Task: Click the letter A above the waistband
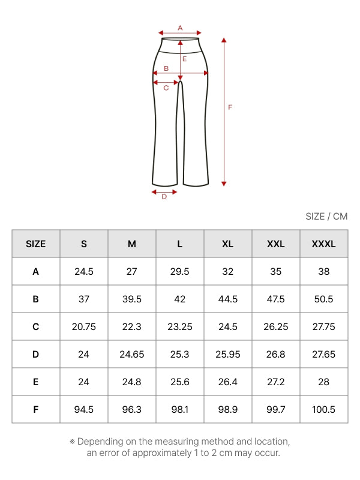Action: (180, 28)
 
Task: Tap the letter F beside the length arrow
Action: (230, 107)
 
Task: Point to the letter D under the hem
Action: (164, 197)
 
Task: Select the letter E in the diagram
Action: (185, 59)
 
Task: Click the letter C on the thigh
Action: (166, 88)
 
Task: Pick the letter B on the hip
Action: (166, 68)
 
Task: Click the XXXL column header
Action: (323, 244)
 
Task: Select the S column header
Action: (84, 244)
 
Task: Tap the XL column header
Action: (228, 244)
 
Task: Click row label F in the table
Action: (36, 410)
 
